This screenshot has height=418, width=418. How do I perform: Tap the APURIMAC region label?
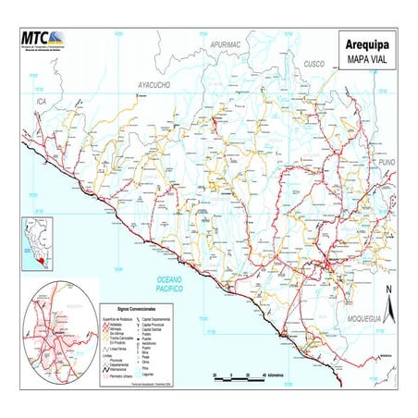225,44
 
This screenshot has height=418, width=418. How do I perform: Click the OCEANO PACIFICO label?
171,283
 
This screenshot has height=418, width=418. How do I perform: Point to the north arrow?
389,302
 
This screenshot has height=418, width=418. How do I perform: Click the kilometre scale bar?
238,375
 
